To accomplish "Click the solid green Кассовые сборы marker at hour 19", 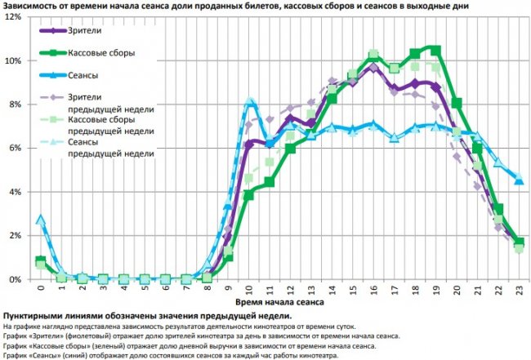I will (x=435, y=50).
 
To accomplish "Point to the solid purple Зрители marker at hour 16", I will (x=373, y=67).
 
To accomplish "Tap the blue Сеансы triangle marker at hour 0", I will (x=40, y=219).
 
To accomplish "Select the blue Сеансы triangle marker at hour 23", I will (x=519, y=180).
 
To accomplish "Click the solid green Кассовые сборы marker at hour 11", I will (x=269, y=182).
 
